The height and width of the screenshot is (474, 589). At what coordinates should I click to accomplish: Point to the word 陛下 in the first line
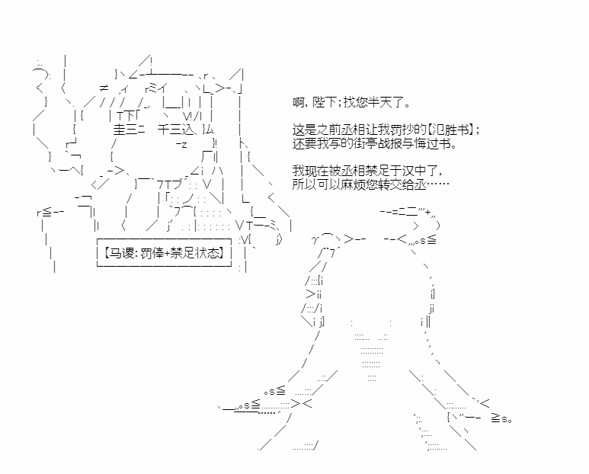coord(325,102)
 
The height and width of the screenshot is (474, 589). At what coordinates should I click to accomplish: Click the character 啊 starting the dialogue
coord(298,102)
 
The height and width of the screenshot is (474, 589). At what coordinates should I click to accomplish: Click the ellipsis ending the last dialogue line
coord(438,184)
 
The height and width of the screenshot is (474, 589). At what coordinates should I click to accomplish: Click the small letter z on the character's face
coord(184,145)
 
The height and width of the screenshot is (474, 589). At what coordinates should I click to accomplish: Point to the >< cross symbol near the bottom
coord(302,404)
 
